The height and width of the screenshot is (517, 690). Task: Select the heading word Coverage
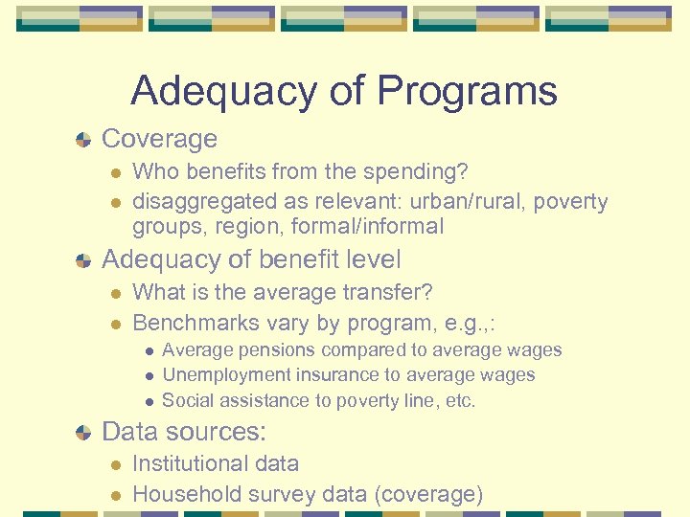pyautogui.click(x=159, y=139)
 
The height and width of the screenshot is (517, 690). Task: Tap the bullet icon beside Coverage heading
pyautogui.click(x=85, y=140)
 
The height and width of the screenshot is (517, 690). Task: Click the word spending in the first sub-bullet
pyautogui.click(x=418, y=172)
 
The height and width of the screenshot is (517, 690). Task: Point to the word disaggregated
pyautogui.click(x=199, y=201)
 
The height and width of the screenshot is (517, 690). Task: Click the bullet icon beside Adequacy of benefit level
pyautogui.click(x=85, y=260)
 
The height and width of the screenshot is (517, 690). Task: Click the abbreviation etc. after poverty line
pyautogui.click(x=460, y=400)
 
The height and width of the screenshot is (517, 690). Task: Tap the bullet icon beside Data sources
pyautogui.click(x=85, y=433)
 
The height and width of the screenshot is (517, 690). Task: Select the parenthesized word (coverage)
pyautogui.click(x=430, y=494)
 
